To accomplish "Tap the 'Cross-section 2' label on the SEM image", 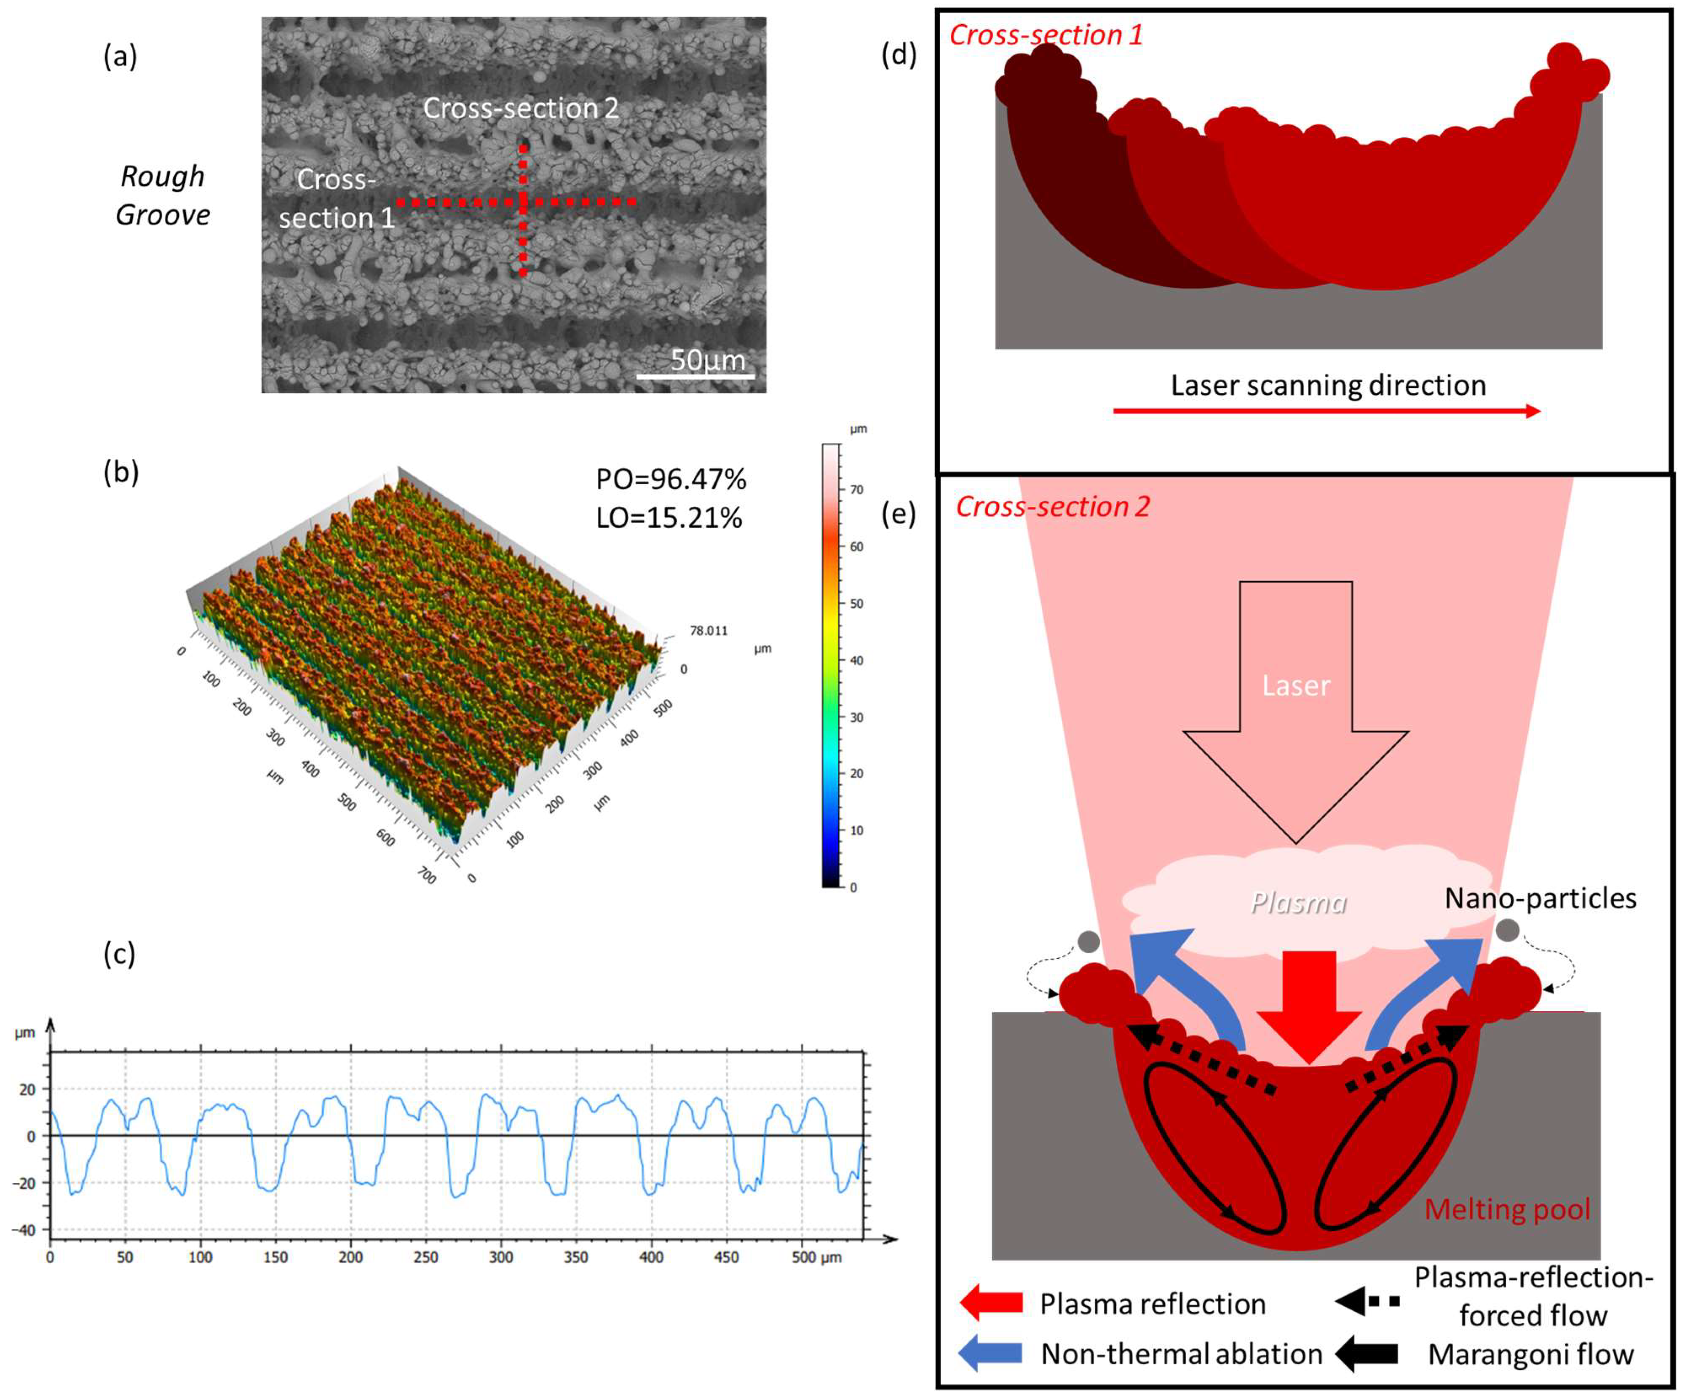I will point(521,108).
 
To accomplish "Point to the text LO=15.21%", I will point(669,518).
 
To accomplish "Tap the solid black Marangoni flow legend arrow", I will point(1367,1353).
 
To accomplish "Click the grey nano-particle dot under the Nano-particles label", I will point(1507,930).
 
